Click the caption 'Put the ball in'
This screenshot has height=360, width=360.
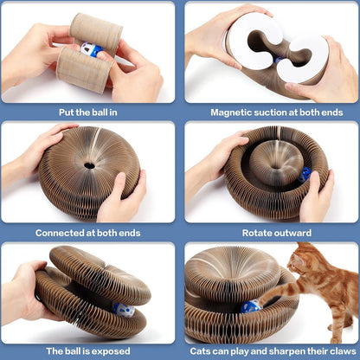click(90, 112)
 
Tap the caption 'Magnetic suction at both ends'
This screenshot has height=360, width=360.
click(270, 112)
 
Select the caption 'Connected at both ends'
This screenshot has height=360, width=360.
click(90, 232)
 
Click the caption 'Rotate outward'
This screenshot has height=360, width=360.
click(270, 232)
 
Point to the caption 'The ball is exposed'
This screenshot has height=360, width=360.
click(90, 350)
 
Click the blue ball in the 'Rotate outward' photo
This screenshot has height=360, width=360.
click(305, 174)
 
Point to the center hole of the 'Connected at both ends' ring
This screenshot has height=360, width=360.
click(89, 164)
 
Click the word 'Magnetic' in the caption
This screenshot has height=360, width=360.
click(234, 112)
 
